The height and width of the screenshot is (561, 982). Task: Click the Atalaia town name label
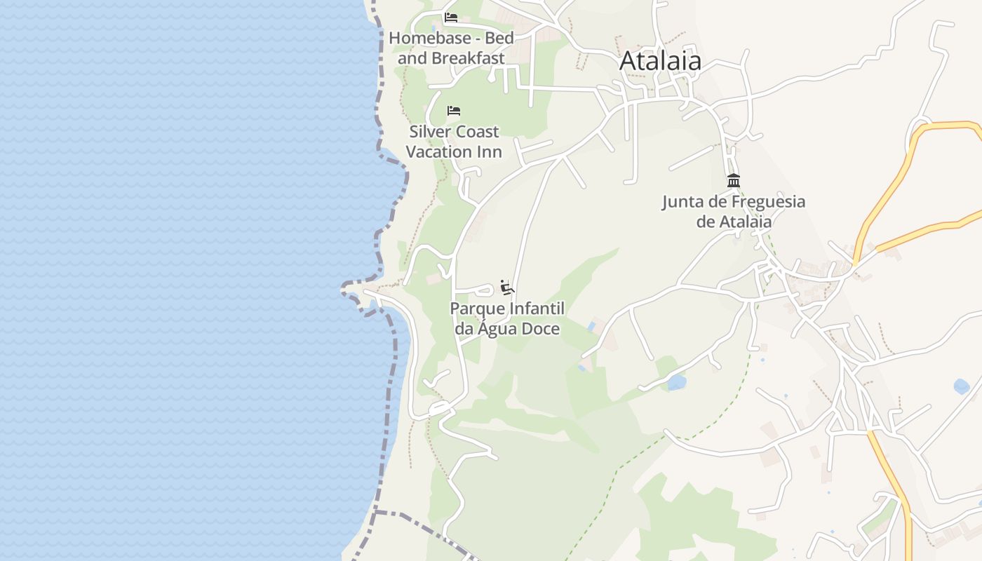click(x=660, y=61)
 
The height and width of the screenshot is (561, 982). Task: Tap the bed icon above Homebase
click(x=451, y=18)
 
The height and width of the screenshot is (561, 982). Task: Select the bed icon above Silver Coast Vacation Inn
click(x=454, y=111)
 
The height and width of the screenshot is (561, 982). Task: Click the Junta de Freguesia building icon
click(x=734, y=181)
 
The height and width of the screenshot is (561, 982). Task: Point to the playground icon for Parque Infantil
click(x=507, y=288)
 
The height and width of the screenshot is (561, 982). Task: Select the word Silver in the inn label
click(x=429, y=132)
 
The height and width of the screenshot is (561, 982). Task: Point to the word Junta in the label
click(x=683, y=202)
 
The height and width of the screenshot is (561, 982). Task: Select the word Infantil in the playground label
click(x=537, y=309)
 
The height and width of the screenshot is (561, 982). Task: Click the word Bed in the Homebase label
click(x=499, y=38)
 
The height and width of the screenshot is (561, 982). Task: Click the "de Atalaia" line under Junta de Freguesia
click(x=734, y=222)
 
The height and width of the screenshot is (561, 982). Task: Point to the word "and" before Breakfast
click(x=412, y=58)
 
